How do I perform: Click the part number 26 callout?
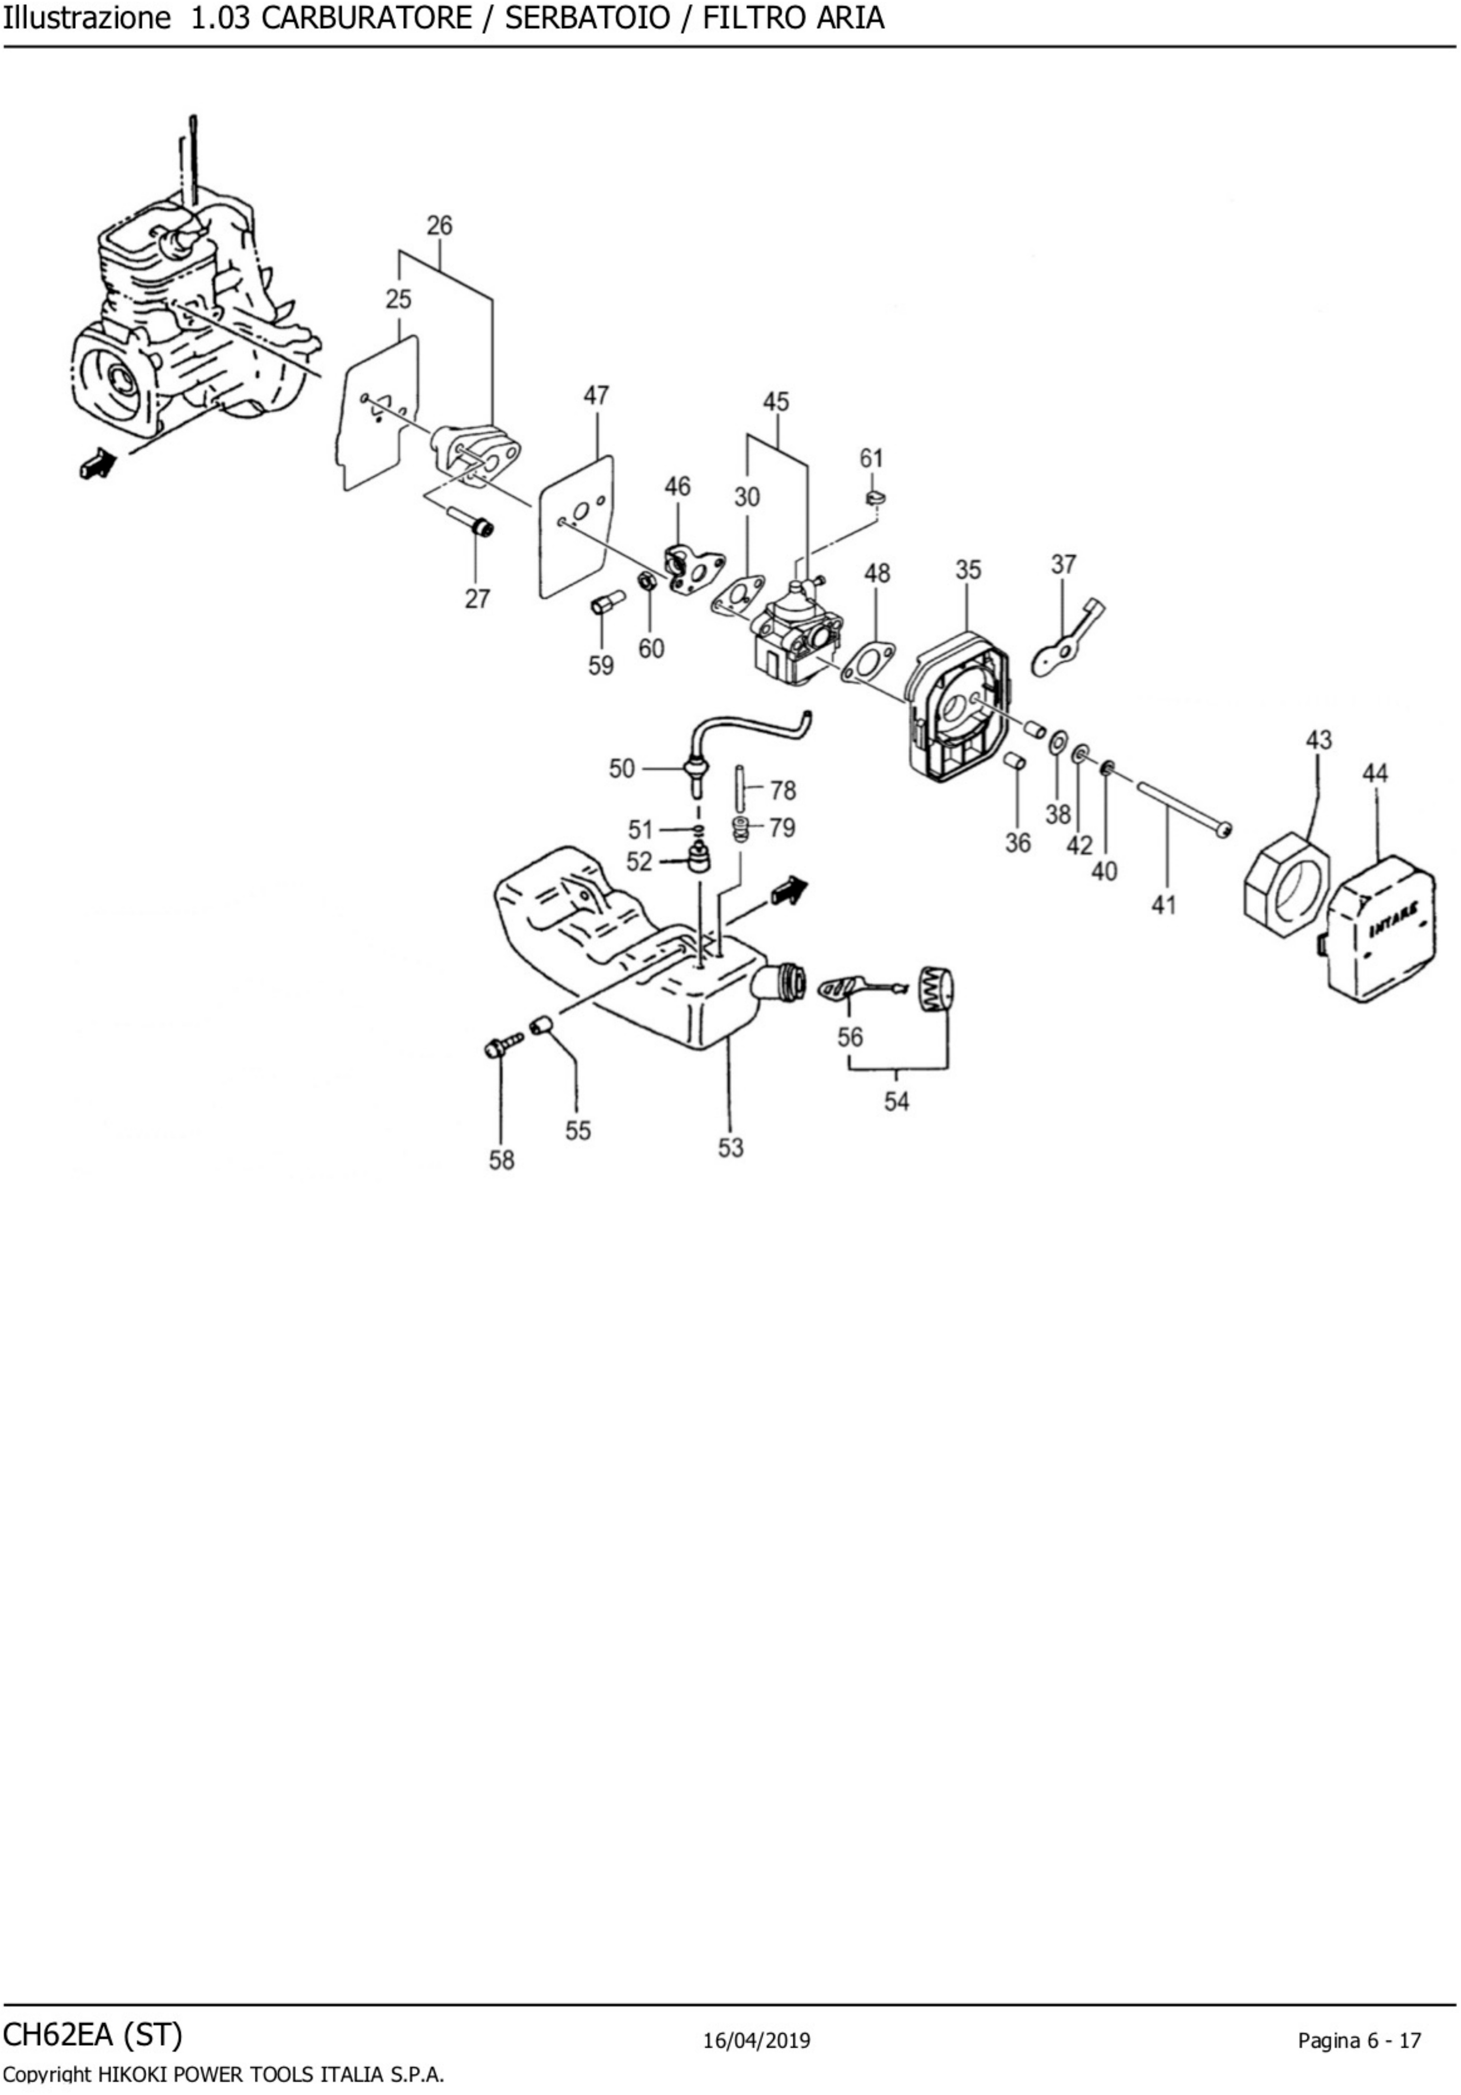click(439, 225)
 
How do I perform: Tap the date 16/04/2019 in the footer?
click(757, 2040)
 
